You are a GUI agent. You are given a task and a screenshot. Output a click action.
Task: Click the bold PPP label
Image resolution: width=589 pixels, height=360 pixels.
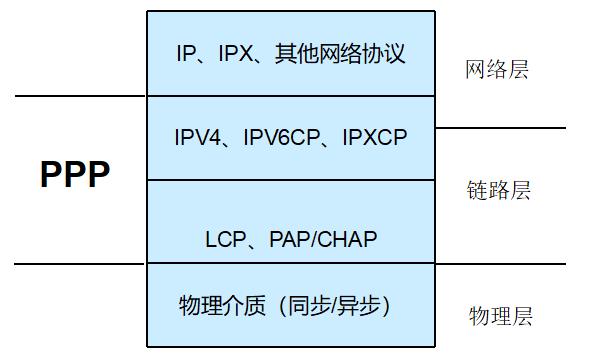[75, 174]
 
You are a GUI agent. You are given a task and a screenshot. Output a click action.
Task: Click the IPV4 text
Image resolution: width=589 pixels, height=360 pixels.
[198, 137]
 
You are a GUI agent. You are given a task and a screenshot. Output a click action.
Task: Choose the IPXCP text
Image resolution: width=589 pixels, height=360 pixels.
[375, 137]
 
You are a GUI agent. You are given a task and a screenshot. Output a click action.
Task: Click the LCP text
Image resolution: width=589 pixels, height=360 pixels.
[225, 240]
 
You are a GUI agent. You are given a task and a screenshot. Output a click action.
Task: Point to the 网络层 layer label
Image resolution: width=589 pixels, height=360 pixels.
[497, 69]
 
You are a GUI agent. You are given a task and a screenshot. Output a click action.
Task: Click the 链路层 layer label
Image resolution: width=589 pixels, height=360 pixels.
[498, 190]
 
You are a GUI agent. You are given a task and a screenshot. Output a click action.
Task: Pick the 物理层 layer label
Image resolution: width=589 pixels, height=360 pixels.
[501, 317]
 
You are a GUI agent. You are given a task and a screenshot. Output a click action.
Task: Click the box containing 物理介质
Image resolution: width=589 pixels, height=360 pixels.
[291, 330]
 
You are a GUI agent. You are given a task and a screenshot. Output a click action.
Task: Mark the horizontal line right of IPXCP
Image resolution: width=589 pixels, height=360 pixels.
[500, 128]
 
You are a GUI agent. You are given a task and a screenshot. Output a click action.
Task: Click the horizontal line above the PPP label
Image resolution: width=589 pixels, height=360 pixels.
[80, 96]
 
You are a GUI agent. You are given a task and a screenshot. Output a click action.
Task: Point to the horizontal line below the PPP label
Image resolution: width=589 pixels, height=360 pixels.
[80, 264]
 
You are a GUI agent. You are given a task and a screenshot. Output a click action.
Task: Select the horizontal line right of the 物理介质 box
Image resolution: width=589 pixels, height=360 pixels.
[500, 264]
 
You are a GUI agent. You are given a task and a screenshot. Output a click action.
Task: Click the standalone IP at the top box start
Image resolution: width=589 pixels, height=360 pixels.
[185, 53]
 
